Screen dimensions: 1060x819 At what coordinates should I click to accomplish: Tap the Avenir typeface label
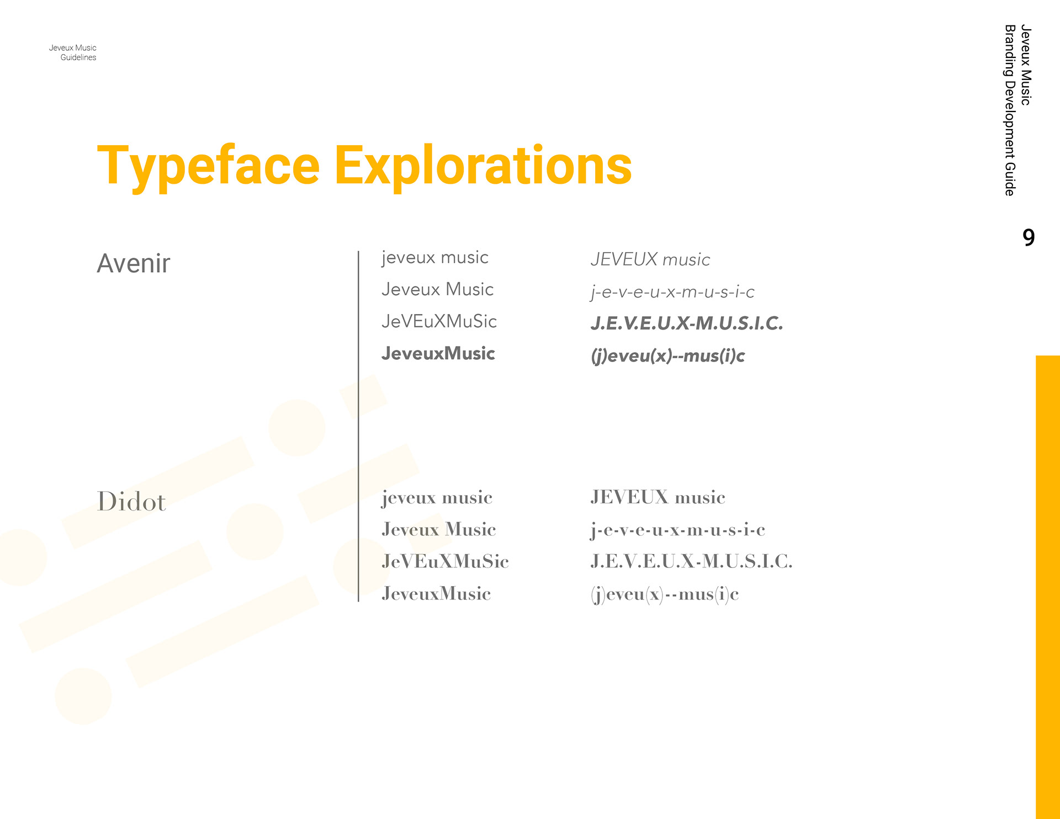pos(134,263)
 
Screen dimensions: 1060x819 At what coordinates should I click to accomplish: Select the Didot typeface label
pos(131,501)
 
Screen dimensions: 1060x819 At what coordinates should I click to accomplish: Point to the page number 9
pos(1029,237)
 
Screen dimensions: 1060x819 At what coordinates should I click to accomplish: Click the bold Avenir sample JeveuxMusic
pos(438,353)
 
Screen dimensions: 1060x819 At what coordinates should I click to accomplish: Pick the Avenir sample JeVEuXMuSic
pos(439,321)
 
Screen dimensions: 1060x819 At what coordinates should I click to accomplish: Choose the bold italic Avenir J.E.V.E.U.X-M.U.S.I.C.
pos(687,323)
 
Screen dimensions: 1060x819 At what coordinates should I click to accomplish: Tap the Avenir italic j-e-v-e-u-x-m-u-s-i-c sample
pos(672,292)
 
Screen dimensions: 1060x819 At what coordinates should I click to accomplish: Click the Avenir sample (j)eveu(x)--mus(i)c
pos(667,356)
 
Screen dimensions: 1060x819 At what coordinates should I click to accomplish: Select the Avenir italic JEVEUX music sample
pos(650,259)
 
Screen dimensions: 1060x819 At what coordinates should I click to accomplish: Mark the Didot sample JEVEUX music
pos(658,497)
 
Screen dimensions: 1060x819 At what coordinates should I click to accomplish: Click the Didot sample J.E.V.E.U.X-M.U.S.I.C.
pos(691,561)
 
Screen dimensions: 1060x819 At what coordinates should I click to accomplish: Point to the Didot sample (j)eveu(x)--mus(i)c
pos(665,594)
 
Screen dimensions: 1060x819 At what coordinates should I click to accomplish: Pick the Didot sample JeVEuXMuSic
pos(445,561)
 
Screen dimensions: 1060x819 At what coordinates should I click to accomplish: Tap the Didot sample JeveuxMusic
pos(436,593)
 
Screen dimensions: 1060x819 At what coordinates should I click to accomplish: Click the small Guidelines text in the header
pos(78,57)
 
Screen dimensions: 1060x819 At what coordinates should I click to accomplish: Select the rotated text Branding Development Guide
pos(1010,110)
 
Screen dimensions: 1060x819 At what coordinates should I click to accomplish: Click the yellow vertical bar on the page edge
pos(1048,587)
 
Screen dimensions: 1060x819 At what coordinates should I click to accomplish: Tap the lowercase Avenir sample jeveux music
pos(435,258)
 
